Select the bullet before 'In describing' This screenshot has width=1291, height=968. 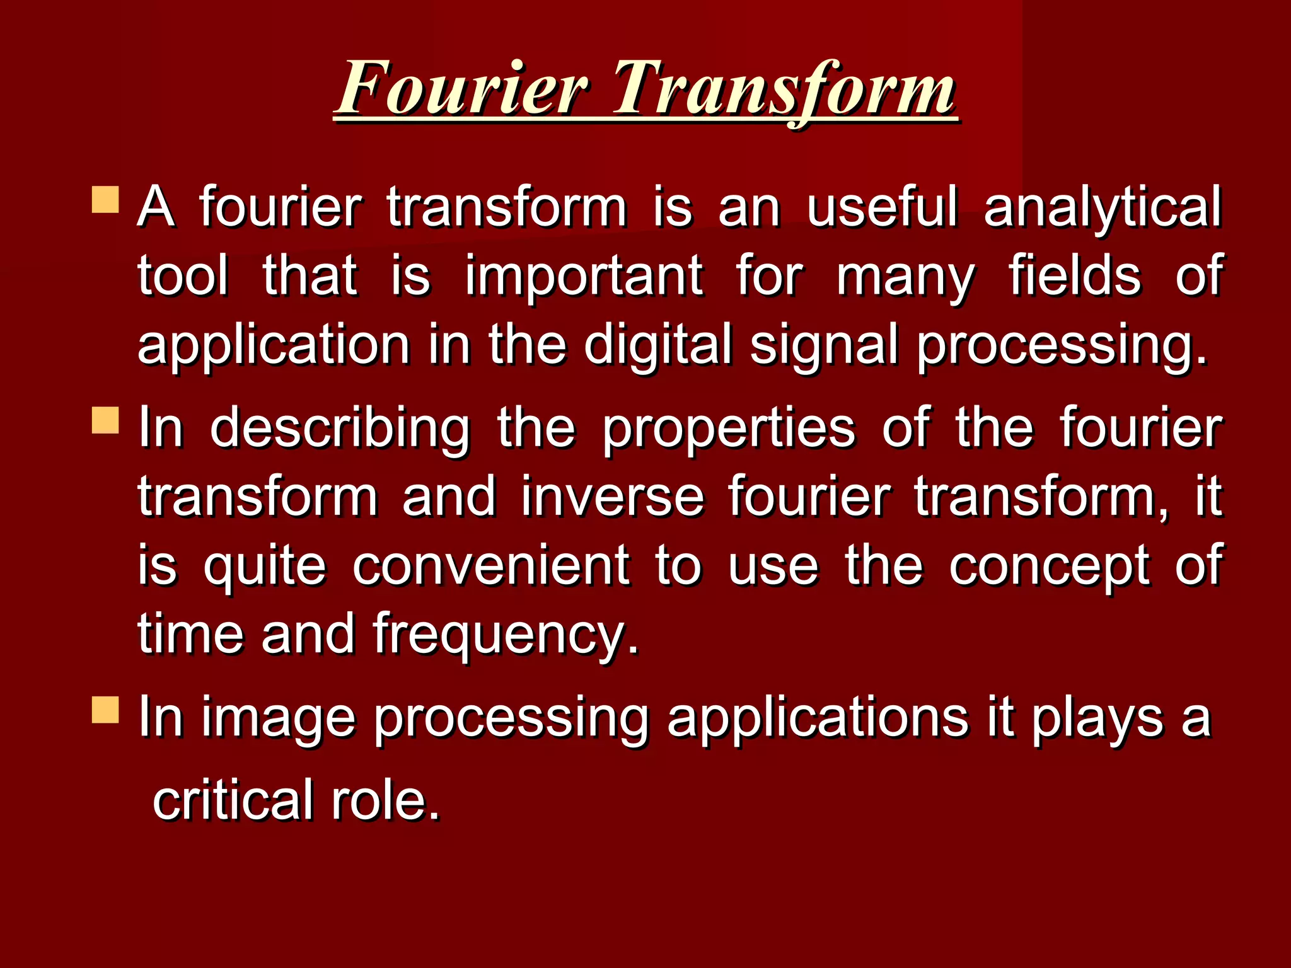105,420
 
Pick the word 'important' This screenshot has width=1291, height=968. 584,277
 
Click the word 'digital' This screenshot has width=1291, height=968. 657,346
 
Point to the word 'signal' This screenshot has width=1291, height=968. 823,346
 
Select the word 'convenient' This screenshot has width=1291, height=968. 490,565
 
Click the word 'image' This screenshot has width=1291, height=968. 279,719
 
